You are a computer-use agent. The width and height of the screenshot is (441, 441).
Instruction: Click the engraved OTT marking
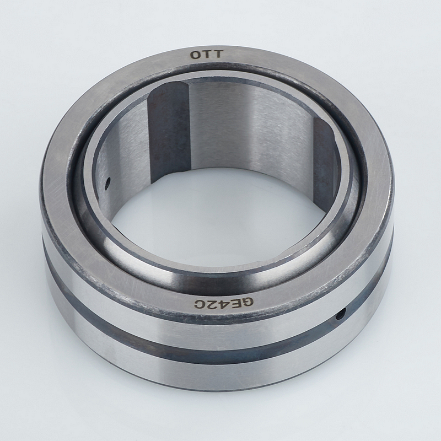207,54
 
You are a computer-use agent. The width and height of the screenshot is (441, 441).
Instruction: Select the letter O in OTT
196,55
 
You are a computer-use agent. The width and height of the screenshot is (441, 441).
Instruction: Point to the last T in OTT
218,53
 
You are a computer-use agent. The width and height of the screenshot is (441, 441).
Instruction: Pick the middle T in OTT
207,54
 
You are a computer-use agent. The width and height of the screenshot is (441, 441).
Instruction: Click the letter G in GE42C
248,302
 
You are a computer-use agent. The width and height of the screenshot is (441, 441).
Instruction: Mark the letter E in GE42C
235,303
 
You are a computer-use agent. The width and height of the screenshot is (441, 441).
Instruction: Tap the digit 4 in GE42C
223,304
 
